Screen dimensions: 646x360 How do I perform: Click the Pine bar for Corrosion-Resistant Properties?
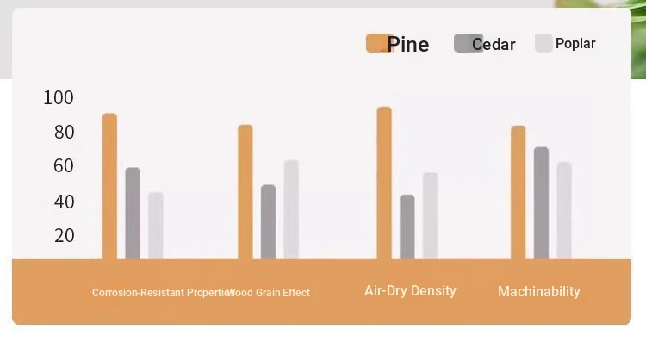click(109, 186)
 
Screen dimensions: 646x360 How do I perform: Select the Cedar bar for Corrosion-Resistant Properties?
click(133, 214)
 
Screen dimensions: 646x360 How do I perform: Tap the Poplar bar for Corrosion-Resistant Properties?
click(156, 226)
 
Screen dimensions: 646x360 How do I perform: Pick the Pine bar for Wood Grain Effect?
click(245, 192)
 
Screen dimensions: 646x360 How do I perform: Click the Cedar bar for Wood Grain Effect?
click(268, 222)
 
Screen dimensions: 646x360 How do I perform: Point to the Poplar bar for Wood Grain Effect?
click(291, 209)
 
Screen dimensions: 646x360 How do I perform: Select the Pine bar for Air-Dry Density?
click(384, 183)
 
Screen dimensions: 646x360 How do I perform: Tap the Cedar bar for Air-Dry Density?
click(407, 227)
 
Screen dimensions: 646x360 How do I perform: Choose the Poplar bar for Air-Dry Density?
click(430, 216)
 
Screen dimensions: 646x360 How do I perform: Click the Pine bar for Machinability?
click(519, 192)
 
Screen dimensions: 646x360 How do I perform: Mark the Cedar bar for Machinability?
click(542, 203)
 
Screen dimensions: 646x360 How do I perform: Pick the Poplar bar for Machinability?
click(564, 210)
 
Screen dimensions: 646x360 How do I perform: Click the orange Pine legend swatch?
click(379, 43)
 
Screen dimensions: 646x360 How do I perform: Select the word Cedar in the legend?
click(494, 44)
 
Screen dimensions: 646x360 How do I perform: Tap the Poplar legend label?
click(575, 43)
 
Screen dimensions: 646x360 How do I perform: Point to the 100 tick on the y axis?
click(59, 97)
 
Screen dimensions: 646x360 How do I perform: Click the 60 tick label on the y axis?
click(64, 165)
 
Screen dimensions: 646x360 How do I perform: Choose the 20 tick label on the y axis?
click(65, 235)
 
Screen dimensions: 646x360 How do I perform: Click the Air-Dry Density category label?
click(410, 291)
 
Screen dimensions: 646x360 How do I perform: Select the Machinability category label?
click(539, 292)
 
